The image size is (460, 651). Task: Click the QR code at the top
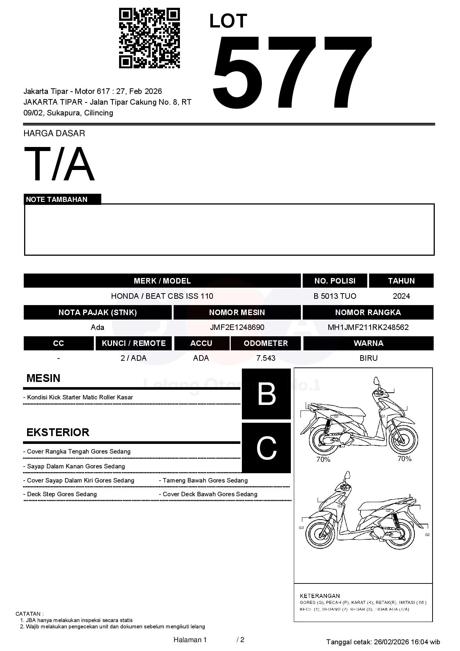(149, 38)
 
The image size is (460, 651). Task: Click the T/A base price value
(59, 164)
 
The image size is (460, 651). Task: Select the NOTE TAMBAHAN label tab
(57, 199)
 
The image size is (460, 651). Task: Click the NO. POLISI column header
(335, 281)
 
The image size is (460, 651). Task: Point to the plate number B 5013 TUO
(335, 296)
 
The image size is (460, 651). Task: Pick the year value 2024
(401, 296)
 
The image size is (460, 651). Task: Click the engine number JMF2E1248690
(237, 327)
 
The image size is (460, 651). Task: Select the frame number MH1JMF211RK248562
(368, 327)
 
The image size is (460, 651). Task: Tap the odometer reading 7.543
(266, 358)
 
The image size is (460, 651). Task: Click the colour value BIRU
(368, 358)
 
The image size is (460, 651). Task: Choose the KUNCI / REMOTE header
(134, 343)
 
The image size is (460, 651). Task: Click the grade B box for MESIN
(266, 394)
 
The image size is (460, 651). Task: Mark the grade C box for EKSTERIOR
(266, 448)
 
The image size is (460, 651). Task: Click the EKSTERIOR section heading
(58, 432)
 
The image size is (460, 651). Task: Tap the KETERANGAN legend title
(320, 596)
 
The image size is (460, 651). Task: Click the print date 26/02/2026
(391, 642)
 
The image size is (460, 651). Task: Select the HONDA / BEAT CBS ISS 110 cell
(162, 296)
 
